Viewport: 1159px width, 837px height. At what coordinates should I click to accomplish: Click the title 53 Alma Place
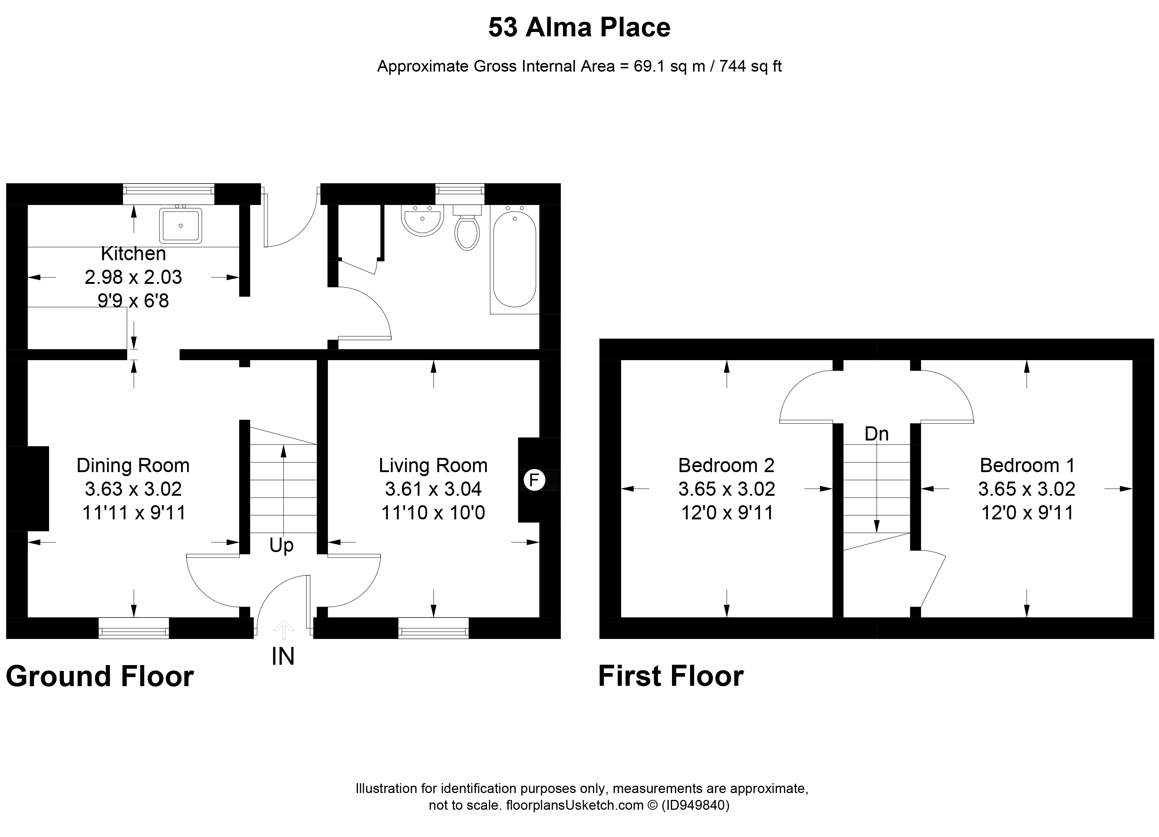[x=579, y=28]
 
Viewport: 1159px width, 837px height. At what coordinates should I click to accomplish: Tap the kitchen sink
[x=180, y=225]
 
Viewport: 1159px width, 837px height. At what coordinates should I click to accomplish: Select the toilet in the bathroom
[x=467, y=233]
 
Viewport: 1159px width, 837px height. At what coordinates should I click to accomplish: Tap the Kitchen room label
[x=133, y=253]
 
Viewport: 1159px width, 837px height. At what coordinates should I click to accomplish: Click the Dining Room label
[x=133, y=466]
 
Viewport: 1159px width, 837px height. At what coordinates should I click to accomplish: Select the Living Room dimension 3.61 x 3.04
[x=433, y=489]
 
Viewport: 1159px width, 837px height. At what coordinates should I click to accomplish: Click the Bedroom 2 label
[x=726, y=466]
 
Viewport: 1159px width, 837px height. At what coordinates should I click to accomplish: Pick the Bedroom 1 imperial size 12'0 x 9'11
[x=1027, y=512]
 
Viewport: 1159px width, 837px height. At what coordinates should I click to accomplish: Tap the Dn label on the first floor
[x=876, y=434]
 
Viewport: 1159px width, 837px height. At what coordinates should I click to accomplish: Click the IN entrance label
[x=283, y=657]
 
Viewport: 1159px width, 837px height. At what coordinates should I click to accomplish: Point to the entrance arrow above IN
[x=283, y=629]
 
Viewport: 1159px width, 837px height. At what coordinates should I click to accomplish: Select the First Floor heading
[x=671, y=677]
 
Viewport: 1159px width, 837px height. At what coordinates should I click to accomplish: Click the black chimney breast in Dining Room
[x=28, y=488]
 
